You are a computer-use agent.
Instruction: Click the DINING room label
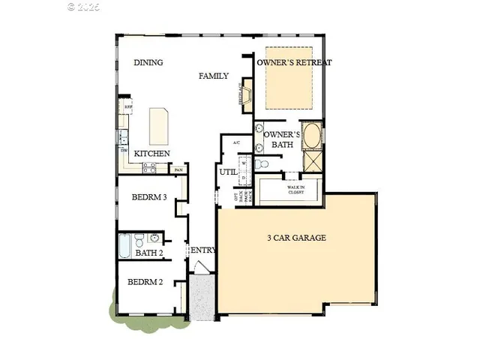click(148, 63)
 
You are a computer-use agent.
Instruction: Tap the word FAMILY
click(214, 76)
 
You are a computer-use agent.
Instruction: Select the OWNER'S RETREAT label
click(294, 63)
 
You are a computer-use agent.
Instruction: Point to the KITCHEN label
click(151, 154)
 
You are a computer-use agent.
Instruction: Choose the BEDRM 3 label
click(148, 198)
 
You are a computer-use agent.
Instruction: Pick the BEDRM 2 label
click(145, 283)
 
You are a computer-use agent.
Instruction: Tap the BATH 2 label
click(149, 253)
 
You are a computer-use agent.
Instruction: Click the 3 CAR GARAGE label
click(297, 238)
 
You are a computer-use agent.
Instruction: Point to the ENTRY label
click(203, 250)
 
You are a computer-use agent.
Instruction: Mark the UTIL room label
click(228, 172)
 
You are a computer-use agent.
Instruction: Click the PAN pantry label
click(178, 169)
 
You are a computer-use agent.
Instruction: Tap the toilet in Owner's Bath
click(260, 164)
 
